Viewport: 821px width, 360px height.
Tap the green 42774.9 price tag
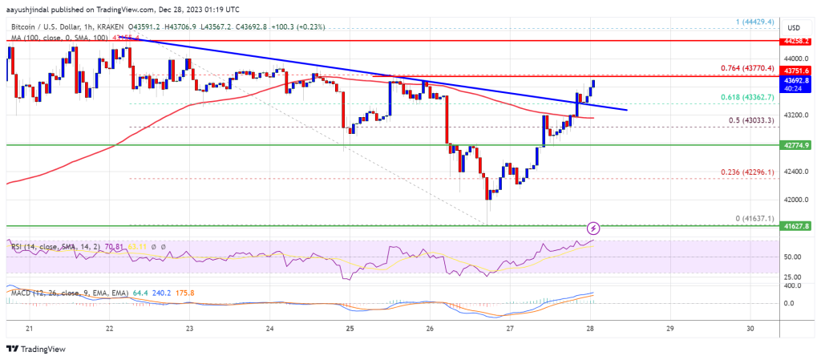pos(797,145)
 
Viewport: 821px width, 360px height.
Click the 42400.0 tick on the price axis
pos(796,172)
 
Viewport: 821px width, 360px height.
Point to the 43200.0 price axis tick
pos(796,115)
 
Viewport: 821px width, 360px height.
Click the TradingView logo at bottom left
pos(36,349)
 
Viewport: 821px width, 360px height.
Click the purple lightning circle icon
pos(593,229)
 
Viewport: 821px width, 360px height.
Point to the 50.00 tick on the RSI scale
pos(795,257)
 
